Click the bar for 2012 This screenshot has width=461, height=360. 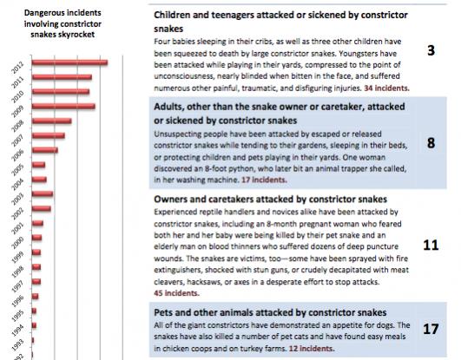70,62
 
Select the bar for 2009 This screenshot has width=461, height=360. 63,107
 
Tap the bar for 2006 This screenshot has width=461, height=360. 45,150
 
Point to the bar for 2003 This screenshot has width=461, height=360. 43,194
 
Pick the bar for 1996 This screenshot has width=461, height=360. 36,296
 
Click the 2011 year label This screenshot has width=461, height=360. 17,83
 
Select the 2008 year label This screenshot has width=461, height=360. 17,127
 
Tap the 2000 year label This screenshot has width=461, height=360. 17,244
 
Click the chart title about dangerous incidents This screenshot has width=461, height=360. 63,23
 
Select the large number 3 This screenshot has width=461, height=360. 431,50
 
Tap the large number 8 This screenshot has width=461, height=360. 431,143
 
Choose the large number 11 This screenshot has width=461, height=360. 431,245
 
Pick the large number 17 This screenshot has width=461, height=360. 431,329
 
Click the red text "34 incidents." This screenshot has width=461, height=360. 386,88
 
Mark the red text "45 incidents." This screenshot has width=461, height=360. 176,293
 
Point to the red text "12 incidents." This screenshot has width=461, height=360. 312,349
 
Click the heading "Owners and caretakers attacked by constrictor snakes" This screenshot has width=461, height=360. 270,200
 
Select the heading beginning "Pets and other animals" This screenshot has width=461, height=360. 270,312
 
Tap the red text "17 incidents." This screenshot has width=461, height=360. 264,180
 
